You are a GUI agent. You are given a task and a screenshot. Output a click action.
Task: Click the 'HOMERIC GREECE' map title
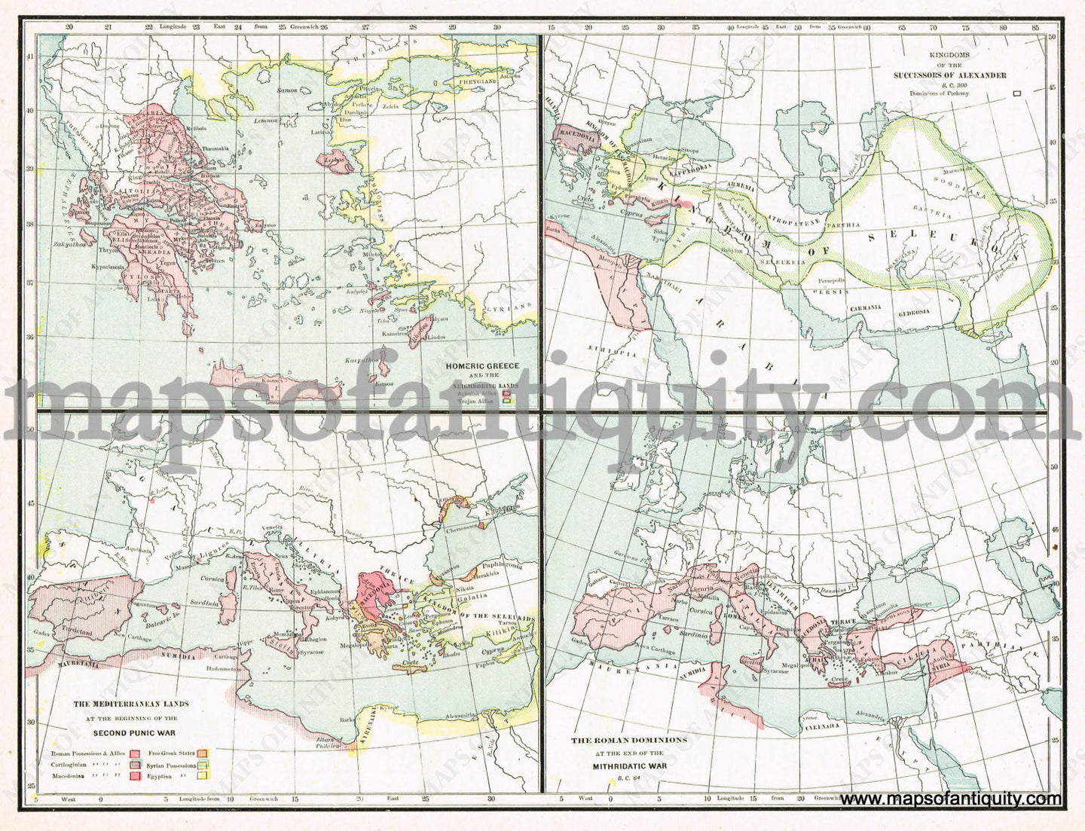(x=482, y=366)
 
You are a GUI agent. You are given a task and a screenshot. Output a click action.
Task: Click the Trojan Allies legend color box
(x=507, y=402)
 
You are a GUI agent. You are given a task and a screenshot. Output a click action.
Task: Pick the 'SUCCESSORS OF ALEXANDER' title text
(x=949, y=75)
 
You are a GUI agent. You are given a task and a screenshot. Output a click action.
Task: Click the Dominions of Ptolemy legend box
(x=1017, y=93)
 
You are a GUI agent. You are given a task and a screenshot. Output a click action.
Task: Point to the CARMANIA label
(x=865, y=308)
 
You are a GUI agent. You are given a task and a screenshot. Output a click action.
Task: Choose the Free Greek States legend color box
(x=202, y=753)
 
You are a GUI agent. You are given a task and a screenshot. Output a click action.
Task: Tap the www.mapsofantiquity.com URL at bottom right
(x=951, y=799)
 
